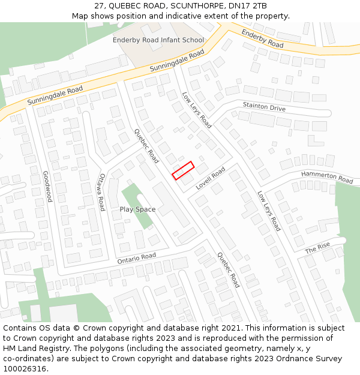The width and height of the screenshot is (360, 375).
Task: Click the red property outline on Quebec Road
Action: click(x=183, y=170)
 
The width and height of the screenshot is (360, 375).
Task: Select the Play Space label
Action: click(x=137, y=209)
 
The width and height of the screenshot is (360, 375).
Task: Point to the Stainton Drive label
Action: click(x=264, y=107)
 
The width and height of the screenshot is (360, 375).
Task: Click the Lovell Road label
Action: click(x=210, y=179)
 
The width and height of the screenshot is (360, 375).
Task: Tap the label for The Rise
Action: click(x=317, y=247)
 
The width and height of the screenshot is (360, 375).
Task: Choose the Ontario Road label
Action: click(x=136, y=258)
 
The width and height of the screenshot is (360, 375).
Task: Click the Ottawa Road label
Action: click(x=101, y=192)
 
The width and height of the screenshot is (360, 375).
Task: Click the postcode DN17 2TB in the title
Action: click(x=249, y=6)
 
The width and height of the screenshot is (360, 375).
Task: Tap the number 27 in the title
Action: click(x=100, y=6)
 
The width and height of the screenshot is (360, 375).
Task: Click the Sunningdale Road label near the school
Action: click(x=177, y=62)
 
